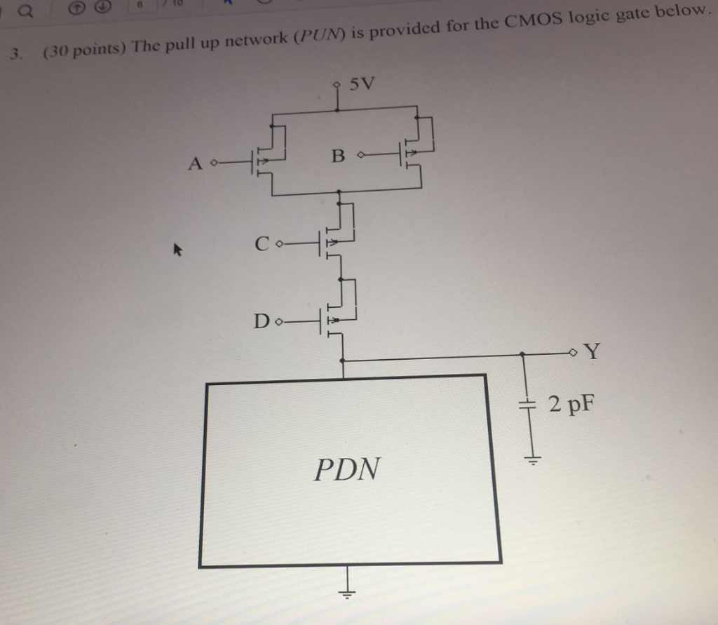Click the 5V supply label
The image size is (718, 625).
(x=363, y=85)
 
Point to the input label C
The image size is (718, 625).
(x=262, y=244)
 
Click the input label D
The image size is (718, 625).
(x=262, y=322)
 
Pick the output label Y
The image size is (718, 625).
(x=592, y=350)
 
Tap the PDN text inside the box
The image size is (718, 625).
(x=348, y=469)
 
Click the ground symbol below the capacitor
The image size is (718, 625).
(x=532, y=461)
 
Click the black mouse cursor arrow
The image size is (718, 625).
(x=177, y=248)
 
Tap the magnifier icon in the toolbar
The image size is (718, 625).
(x=24, y=9)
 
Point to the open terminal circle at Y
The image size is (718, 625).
(x=574, y=351)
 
